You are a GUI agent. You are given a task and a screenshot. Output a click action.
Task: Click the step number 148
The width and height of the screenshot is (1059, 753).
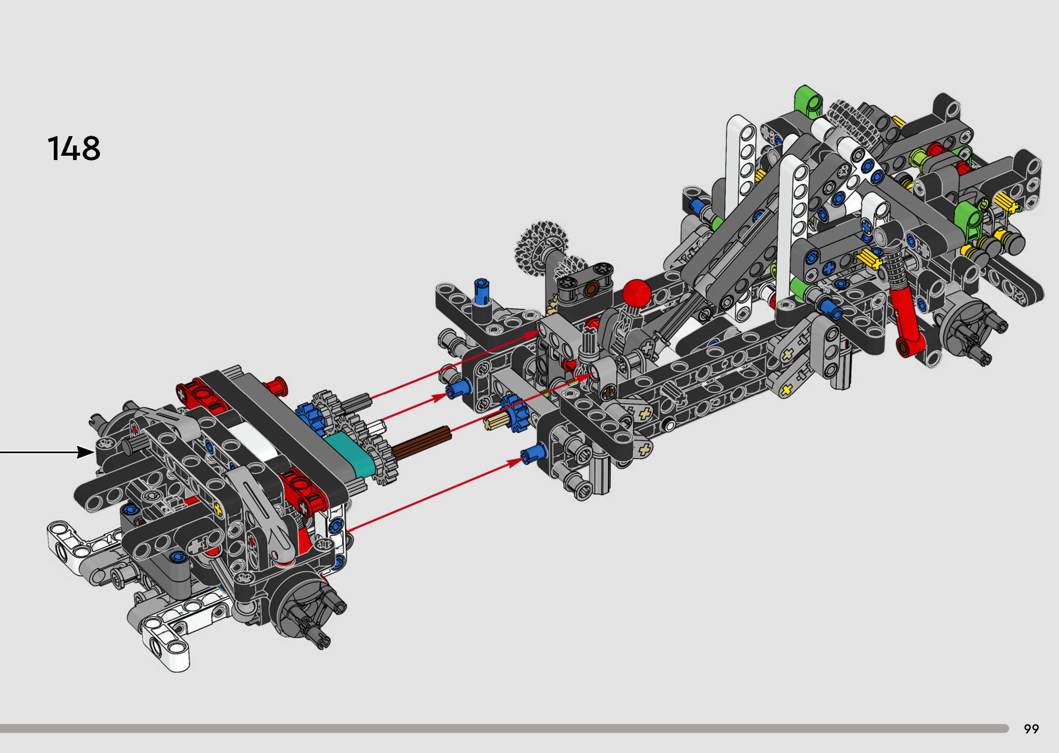[x=74, y=148]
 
